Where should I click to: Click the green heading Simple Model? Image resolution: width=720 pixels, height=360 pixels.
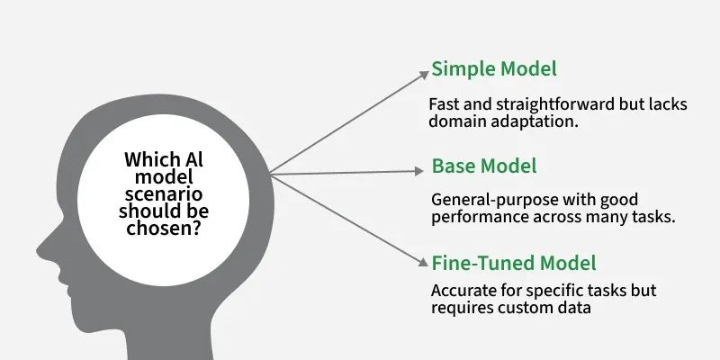[x=494, y=69]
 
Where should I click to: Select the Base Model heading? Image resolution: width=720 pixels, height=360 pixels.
[x=484, y=166]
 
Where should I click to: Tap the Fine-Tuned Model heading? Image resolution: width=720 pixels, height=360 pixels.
[x=514, y=263]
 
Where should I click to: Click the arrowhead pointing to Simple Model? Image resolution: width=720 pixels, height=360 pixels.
[x=424, y=76]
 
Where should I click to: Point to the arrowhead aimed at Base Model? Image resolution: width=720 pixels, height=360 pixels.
[x=418, y=171]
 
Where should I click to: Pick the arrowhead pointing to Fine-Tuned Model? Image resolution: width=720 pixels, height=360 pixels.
[x=423, y=261]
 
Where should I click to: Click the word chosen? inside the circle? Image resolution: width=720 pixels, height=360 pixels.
[x=164, y=228]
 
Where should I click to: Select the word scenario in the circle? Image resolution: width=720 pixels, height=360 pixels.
[x=164, y=194]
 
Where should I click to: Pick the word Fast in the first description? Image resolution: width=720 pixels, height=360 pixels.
[x=443, y=104]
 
